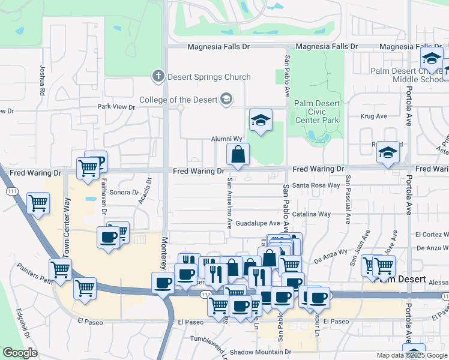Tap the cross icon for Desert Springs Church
click(158, 76)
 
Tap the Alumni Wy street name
click(226, 139)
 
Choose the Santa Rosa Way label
click(316, 185)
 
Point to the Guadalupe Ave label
click(258, 223)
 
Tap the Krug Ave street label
click(371, 116)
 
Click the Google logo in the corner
click(20, 353)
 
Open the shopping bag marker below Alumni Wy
click(238, 155)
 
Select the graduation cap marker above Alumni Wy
click(261, 121)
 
